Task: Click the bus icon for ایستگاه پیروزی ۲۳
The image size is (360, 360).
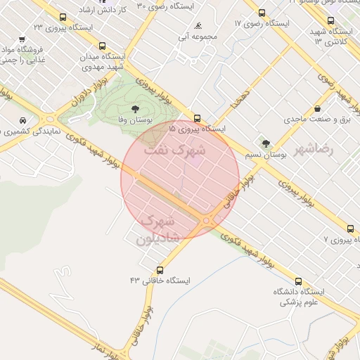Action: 63,17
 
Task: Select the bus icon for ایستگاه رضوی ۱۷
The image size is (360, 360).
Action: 262,13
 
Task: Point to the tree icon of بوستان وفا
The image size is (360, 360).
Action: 134,109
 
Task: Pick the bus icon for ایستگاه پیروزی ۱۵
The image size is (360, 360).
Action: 196,118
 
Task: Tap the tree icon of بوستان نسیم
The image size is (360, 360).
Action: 265,143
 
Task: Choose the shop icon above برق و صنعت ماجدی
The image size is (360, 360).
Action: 319,109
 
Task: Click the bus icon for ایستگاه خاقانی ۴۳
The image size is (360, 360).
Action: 160,269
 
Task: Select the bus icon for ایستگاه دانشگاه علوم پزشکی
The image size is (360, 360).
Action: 299,281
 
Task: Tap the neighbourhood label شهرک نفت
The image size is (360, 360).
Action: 175,150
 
